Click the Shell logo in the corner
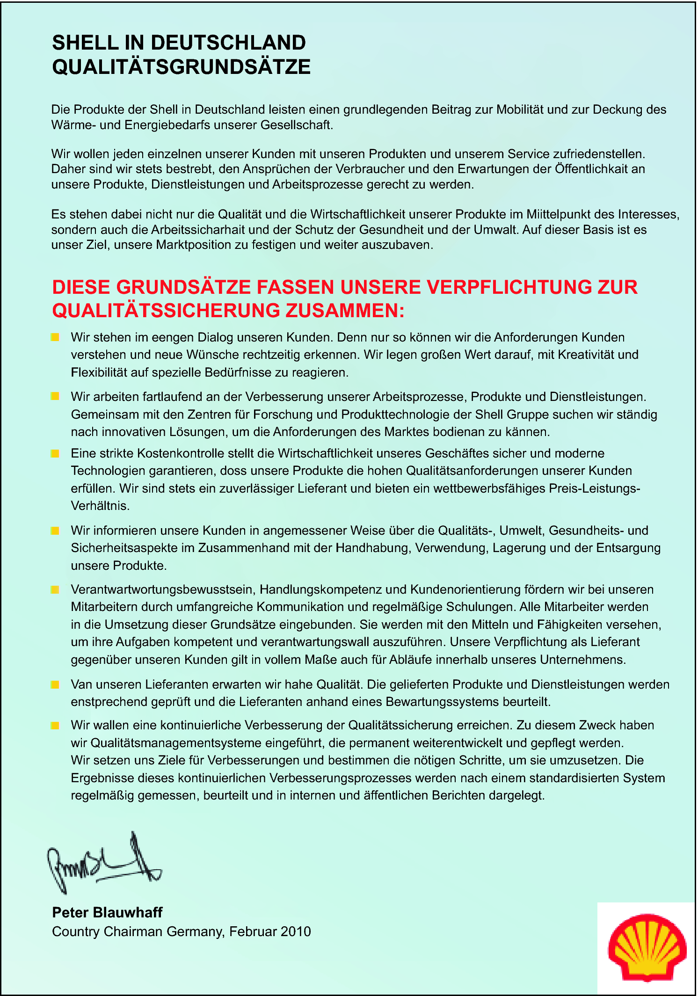[x=647, y=948]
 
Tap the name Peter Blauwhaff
[x=107, y=912]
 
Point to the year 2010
[x=296, y=931]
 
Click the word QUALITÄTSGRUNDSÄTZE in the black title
[x=182, y=67]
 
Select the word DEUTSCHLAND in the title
[x=228, y=43]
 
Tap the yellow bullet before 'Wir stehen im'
[x=55, y=337]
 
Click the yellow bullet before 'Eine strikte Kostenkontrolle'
[x=55, y=453]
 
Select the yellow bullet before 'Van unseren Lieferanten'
[x=55, y=685]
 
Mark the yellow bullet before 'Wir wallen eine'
[x=55, y=726]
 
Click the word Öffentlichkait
[x=591, y=169]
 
